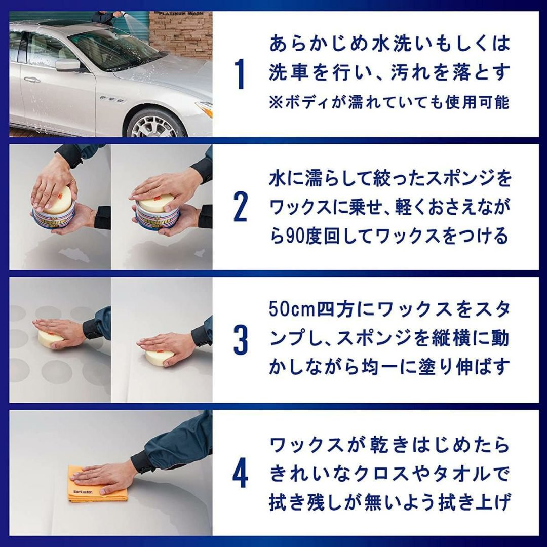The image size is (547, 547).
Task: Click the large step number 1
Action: pos(240,74)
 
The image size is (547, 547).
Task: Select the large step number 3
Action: pos(240,339)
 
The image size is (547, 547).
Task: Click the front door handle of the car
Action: pos(32,80)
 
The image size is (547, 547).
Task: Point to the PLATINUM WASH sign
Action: pos(181,14)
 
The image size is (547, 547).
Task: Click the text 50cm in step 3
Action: pos(292,310)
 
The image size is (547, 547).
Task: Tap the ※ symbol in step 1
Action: pos(276,103)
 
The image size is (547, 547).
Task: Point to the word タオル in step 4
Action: pos(458,474)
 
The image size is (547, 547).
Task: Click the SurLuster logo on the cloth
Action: pos(84,492)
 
